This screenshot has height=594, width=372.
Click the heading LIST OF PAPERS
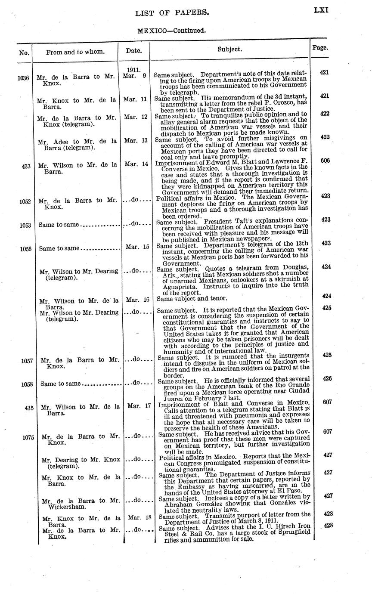pyautogui.click(x=172, y=13)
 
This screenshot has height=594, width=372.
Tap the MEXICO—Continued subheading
pyautogui.click(x=171, y=31)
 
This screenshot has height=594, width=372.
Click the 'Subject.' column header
pyautogui.click(x=229, y=49)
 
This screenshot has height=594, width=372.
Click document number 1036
pyautogui.click(x=23, y=78)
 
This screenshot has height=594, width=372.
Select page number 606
pyautogui.click(x=325, y=161)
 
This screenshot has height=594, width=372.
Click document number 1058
pyautogui.click(x=27, y=384)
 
